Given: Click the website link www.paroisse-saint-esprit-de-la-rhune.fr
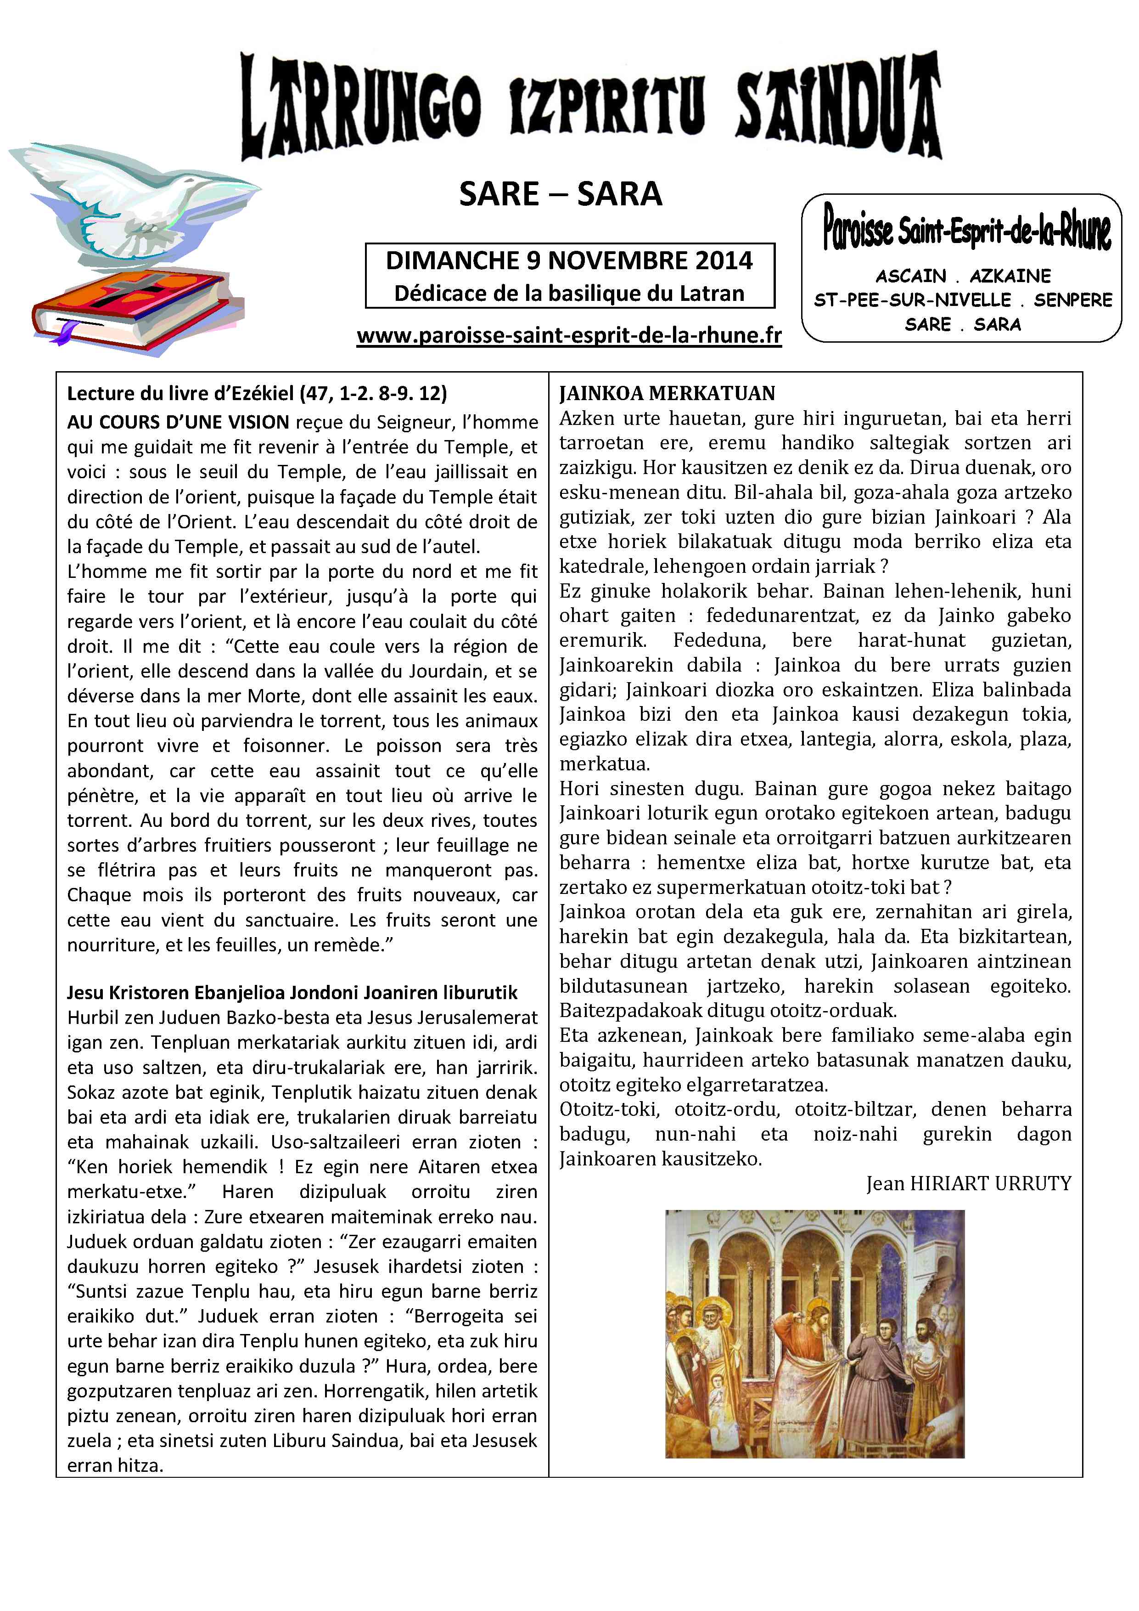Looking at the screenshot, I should [569, 335].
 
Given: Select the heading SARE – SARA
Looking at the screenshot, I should [561, 194].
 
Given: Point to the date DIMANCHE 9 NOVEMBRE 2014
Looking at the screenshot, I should [569, 261].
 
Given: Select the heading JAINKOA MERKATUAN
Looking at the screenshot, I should [667, 393].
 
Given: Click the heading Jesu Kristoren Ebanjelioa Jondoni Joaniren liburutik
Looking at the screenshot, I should [292, 993].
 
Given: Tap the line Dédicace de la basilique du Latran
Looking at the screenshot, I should [569, 293].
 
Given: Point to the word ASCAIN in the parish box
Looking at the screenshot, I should [910, 276].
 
